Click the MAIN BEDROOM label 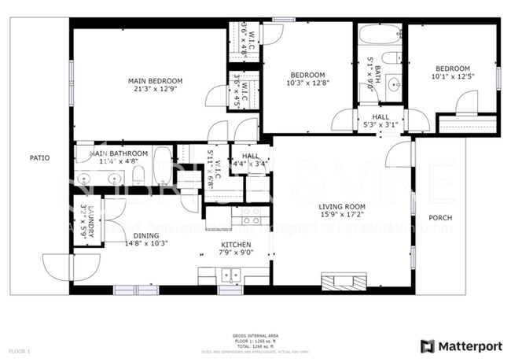(x=156, y=81)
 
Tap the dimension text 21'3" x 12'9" (x=156, y=90)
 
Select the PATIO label (x=39, y=158)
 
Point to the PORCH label (x=439, y=218)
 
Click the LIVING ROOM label (x=342, y=207)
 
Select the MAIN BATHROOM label (x=118, y=153)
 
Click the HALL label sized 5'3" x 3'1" (x=381, y=116)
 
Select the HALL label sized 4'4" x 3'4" (x=251, y=156)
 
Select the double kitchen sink (x=231, y=276)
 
